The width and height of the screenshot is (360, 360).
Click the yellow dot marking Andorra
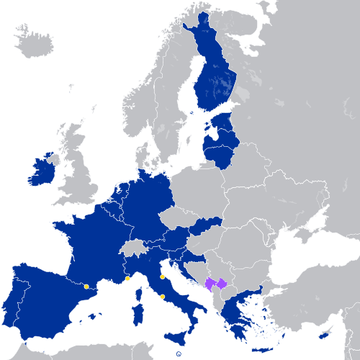(86, 287)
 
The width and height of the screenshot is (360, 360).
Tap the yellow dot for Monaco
(127, 279)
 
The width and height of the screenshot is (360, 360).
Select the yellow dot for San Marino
(163, 276)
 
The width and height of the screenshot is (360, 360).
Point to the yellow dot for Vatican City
(163, 297)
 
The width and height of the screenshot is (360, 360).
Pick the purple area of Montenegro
(210, 286)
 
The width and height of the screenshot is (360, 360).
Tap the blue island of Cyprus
(323, 336)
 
